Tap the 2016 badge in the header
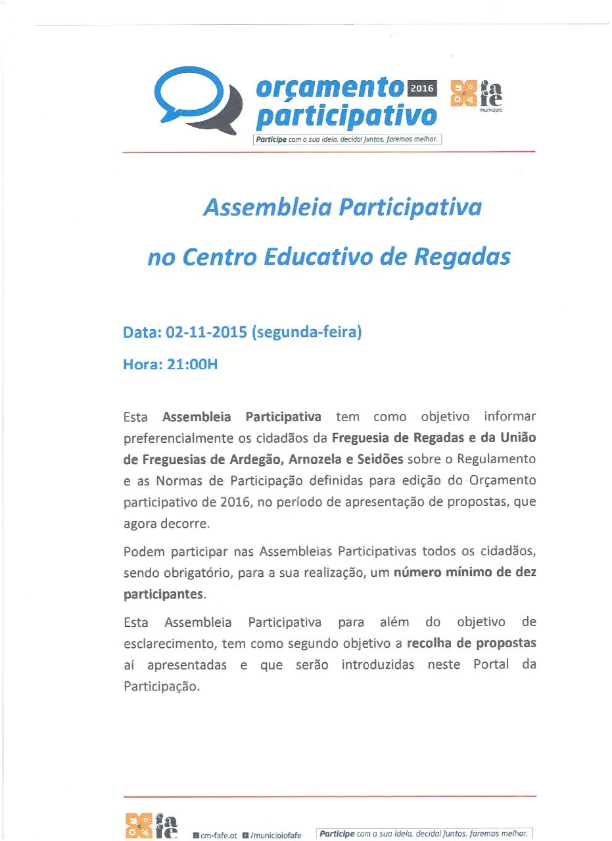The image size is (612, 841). point(423,89)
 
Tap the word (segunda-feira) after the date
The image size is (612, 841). point(306,332)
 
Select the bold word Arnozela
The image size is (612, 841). point(311,459)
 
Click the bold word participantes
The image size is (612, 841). point(164,595)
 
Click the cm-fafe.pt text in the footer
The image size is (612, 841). point(218,835)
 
